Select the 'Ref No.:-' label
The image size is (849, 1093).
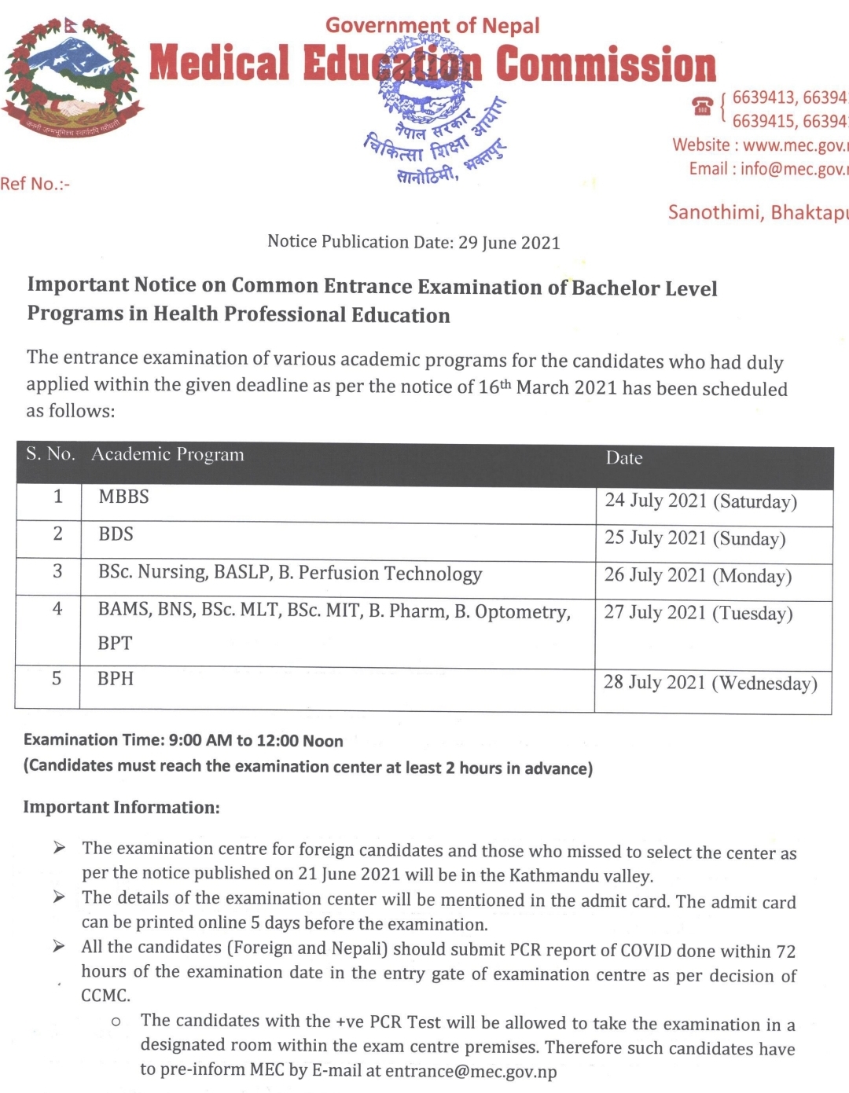click(35, 184)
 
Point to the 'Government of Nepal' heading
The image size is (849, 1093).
click(432, 26)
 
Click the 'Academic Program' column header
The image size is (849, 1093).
click(167, 454)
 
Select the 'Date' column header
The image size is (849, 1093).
click(624, 458)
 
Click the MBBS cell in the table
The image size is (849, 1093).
click(123, 497)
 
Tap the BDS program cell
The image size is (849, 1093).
click(116, 534)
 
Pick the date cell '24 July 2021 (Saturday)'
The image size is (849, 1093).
click(700, 501)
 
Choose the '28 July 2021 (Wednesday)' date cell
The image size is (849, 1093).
click(710, 683)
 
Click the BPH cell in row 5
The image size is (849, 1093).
click(116, 679)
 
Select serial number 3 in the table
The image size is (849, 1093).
click(57, 571)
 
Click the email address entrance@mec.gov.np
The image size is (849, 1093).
click(471, 1072)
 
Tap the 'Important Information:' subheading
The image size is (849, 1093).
click(121, 807)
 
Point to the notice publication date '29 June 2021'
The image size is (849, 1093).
click(509, 243)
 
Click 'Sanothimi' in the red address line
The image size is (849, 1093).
click(715, 212)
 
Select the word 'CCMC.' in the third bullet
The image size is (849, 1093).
click(106, 996)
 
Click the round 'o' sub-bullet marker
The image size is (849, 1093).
click(116, 1021)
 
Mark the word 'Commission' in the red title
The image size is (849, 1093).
click(606, 64)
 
